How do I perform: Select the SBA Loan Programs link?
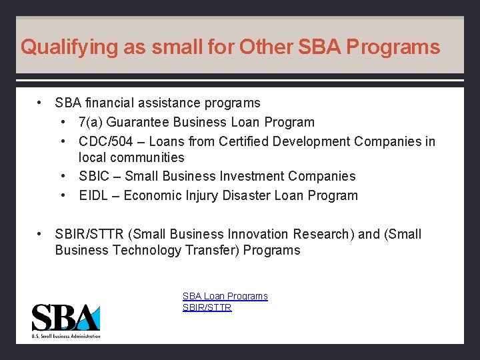[225, 296]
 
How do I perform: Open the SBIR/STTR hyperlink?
[207, 307]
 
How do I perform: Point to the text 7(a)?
[91, 123]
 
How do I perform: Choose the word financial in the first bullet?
[110, 103]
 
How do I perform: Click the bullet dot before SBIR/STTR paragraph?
[41, 234]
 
